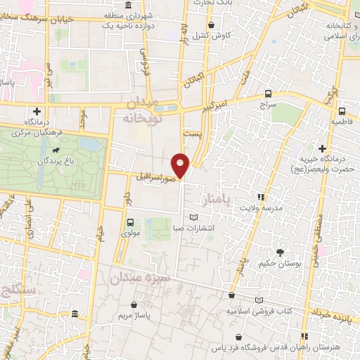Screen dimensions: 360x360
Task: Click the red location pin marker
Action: click(181, 165)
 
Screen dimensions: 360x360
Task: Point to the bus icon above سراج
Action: click(268, 94)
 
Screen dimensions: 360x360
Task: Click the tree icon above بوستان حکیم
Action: click(280, 252)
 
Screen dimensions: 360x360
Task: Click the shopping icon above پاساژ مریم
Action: click(134, 304)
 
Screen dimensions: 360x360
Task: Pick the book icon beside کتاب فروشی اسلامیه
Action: click(259, 300)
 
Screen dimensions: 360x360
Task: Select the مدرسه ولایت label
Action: click(262, 209)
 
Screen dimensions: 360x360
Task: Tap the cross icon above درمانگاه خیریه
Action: click(321, 148)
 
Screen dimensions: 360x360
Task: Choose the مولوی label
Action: click(131, 232)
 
